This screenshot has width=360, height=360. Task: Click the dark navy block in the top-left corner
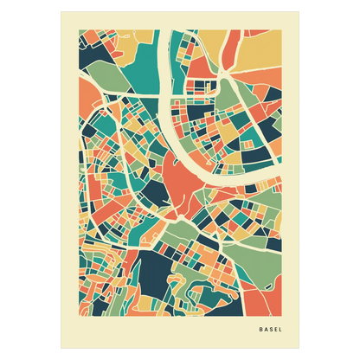87,47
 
